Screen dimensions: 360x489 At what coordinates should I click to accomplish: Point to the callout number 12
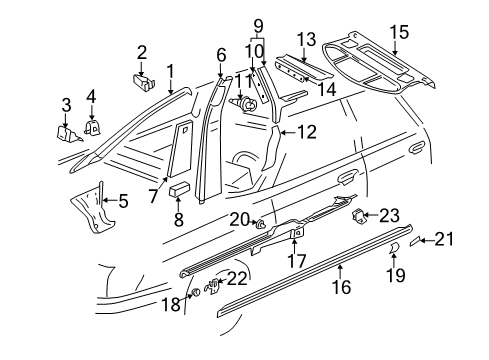pyautogui.click(x=306, y=132)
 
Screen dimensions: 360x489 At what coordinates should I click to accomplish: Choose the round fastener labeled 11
pyautogui.click(x=246, y=102)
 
